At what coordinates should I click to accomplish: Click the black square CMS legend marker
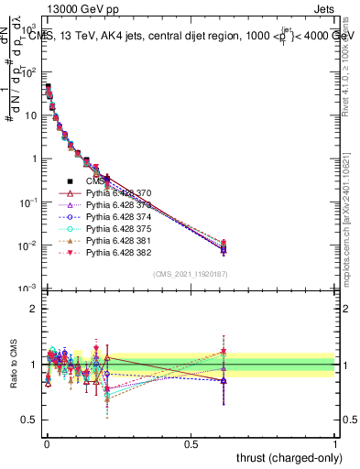click(70, 181)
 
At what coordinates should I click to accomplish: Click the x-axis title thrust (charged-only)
click(290, 456)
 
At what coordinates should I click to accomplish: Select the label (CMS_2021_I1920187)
click(191, 274)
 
